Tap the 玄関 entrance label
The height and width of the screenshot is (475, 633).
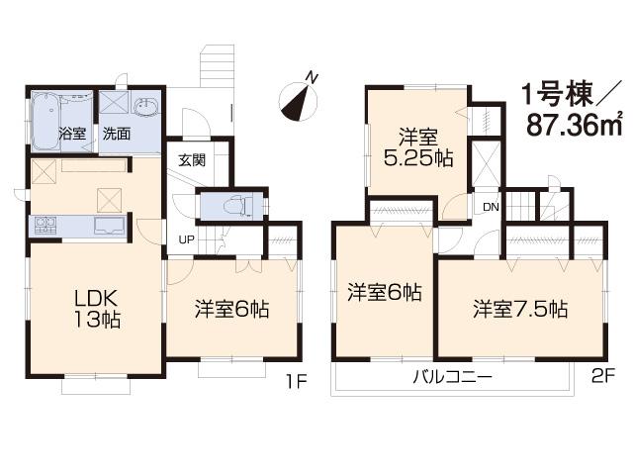pyautogui.click(x=192, y=161)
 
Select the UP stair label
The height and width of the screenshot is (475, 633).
pyautogui.click(x=185, y=239)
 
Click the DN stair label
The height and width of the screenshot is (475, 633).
pyautogui.click(x=491, y=207)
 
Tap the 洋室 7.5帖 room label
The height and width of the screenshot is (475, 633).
pyautogui.click(x=519, y=308)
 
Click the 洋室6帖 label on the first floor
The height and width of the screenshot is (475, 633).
pyautogui.click(x=230, y=308)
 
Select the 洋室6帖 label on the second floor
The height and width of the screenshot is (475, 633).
pyautogui.click(x=385, y=293)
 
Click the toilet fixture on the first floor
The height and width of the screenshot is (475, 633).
pyautogui.click(x=233, y=206)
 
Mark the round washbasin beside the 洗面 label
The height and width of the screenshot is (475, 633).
pyautogui.click(x=150, y=106)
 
